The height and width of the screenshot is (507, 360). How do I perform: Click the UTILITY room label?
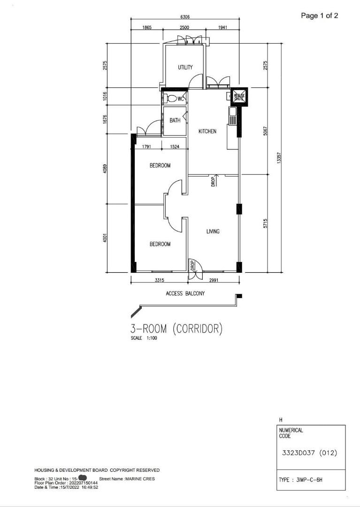point(185,68)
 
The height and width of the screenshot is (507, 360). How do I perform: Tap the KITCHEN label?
point(207,131)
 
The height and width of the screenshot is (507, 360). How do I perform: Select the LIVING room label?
point(213,231)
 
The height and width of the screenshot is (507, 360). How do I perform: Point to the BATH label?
point(175,121)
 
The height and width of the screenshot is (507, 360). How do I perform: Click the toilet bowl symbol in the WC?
point(172,99)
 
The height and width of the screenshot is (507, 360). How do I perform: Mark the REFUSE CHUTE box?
point(239,97)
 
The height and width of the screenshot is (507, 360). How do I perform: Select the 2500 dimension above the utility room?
point(184,28)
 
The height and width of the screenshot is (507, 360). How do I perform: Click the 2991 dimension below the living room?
point(214,280)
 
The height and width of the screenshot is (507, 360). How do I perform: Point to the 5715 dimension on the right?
point(265,223)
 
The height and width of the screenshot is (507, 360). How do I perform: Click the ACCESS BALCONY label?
point(185,293)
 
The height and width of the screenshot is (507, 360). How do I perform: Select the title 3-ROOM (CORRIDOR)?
point(176,329)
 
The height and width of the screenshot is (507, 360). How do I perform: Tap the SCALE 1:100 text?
point(144,338)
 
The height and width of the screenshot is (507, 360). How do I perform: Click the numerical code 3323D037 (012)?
point(309,453)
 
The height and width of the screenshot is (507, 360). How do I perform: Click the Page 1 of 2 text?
point(319,15)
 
